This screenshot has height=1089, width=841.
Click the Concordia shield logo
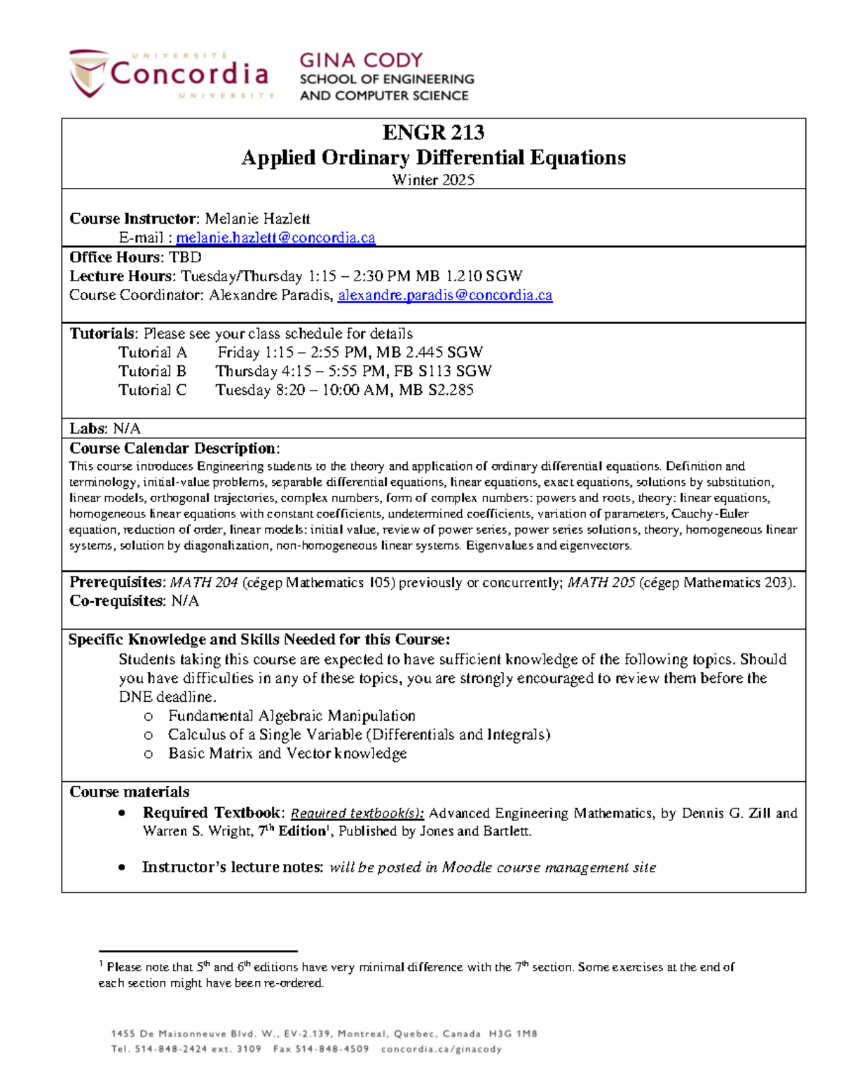point(89,73)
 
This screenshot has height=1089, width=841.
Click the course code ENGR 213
point(433,133)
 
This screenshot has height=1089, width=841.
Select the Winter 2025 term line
point(433,180)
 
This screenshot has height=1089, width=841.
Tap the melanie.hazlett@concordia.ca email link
point(275,238)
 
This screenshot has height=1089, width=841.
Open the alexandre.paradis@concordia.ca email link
point(445,295)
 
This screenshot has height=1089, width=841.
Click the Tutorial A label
point(152,352)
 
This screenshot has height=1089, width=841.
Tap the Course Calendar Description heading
point(175,448)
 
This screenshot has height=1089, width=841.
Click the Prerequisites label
point(116,583)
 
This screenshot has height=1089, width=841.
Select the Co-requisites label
point(116,601)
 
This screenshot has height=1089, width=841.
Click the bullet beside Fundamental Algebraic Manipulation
point(148,717)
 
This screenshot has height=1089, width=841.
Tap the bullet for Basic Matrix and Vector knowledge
point(148,755)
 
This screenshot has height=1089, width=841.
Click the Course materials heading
point(129,792)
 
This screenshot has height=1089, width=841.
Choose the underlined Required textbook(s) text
point(357,813)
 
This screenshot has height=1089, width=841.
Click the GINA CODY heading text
point(361,60)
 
